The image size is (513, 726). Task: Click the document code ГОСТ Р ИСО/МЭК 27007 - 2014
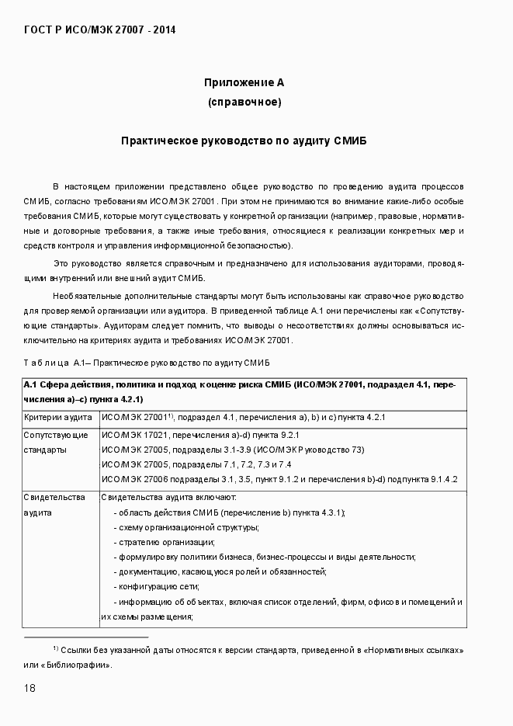[101, 30]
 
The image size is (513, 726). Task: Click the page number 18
[29, 688]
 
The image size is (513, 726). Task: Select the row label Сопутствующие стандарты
[56, 442]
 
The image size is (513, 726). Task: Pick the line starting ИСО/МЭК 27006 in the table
[279, 479]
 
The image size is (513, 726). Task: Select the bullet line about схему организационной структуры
[186, 527]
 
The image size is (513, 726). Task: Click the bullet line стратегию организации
[164, 542]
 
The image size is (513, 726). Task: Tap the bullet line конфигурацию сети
[157, 586]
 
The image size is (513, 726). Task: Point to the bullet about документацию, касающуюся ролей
[220, 571]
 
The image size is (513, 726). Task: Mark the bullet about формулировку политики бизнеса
[264, 557]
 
